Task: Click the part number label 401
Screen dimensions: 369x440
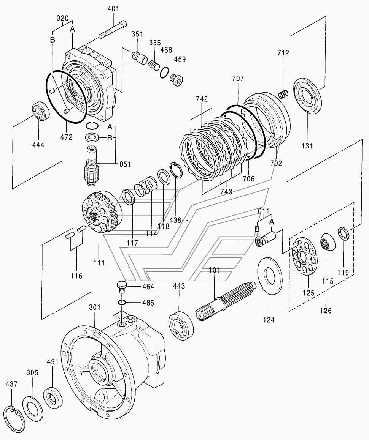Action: click(x=113, y=9)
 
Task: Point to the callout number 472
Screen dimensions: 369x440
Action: click(x=66, y=137)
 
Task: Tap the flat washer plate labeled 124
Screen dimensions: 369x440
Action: click(x=270, y=276)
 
